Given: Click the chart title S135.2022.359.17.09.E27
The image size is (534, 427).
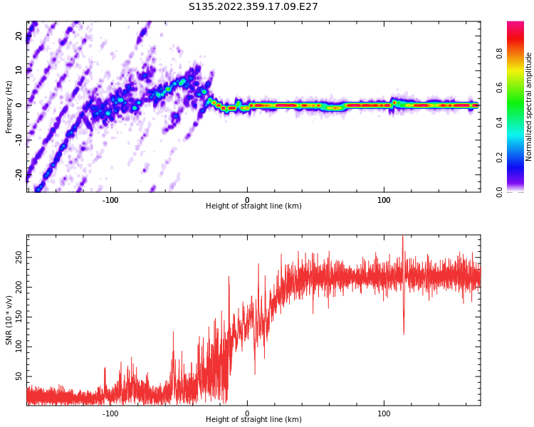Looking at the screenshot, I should tap(253, 7).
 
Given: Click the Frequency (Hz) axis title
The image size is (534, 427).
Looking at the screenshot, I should tap(9, 107).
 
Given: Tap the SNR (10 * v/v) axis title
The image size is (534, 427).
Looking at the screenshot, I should tap(9, 320).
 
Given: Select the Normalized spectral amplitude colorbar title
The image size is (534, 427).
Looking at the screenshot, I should tap(529, 107).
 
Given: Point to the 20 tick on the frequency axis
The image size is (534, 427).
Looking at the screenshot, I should tap(19, 36).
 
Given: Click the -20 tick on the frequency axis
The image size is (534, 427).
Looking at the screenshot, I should tap(19, 174).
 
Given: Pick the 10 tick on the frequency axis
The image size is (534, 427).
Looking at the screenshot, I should tap(19, 70).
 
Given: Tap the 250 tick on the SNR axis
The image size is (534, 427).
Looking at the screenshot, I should tap(19, 256).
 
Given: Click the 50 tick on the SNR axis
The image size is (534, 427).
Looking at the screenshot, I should tap(19, 376).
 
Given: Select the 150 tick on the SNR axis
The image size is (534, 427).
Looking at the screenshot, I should tap(19, 316).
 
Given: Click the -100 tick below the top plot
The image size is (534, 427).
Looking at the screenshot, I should tap(110, 199).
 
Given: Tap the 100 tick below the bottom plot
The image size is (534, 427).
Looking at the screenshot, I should tap(384, 413).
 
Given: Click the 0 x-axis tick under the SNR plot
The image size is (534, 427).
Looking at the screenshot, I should tap(247, 413).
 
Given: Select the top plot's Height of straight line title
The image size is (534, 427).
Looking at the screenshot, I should tap(253, 206).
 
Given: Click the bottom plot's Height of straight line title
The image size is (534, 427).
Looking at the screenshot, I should tap(253, 420).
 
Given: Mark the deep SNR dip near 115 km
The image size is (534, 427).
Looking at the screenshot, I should tap(404, 332).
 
